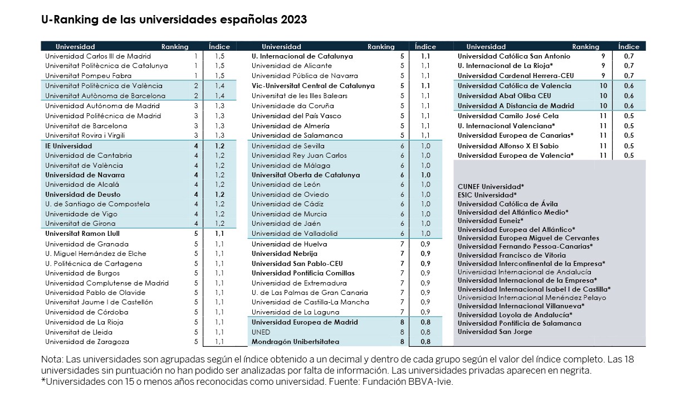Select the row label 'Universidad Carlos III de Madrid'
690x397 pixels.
pos(98,56)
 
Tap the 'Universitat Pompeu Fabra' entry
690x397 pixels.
pos(88,76)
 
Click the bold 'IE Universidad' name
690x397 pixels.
pos(68,146)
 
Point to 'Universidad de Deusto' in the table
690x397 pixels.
pos(82,195)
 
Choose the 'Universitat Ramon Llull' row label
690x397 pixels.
pos(82,234)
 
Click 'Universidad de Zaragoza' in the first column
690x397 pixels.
pos(87,342)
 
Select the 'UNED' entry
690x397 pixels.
pos(261,332)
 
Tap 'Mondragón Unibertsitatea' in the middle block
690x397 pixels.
pos(295,342)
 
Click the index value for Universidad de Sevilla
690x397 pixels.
pos(425,146)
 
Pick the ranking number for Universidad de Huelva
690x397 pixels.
pos(402,244)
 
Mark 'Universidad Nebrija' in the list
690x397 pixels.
pos(285,254)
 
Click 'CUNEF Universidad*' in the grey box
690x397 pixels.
pos(491,187)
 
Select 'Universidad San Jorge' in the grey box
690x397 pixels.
pos(495,332)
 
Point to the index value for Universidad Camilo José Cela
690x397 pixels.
pos(629,116)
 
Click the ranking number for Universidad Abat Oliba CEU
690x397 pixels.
pos(603,96)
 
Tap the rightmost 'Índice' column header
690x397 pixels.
pos(628,47)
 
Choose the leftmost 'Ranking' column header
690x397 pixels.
pos(175,47)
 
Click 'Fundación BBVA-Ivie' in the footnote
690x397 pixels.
pos(407,382)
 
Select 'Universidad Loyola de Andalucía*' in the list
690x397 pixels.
pos(515,315)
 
